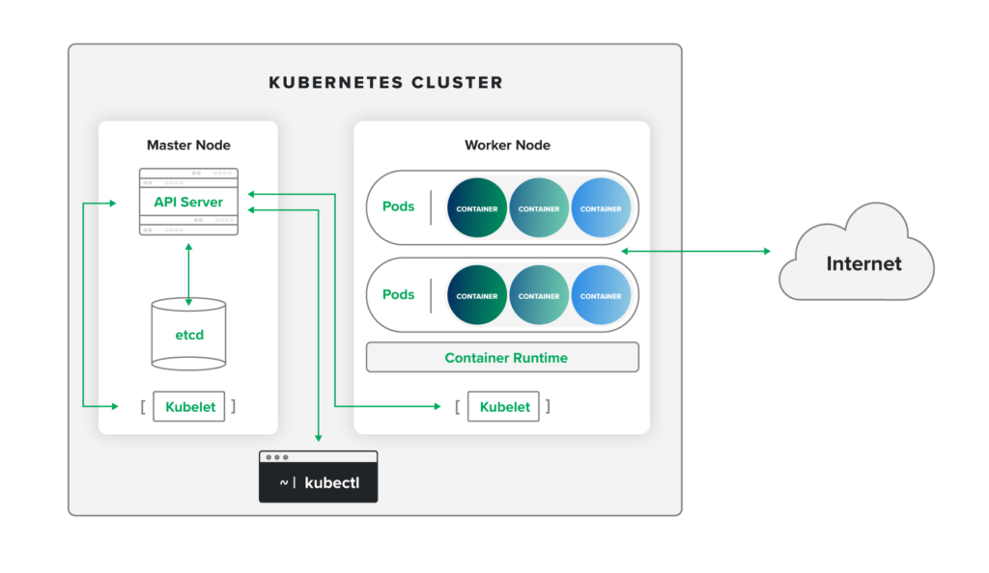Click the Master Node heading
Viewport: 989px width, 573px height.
point(188,145)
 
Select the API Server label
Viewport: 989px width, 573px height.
point(188,202)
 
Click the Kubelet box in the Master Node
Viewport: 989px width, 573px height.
point(190,406)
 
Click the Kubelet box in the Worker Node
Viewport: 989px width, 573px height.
point(504,406)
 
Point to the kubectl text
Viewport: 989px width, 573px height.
point(331,482)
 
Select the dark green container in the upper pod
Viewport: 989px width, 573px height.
point(477,208)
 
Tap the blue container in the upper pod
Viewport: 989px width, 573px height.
point(601,208)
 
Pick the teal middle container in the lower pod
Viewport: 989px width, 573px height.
point(539,295)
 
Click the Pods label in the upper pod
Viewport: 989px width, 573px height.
point(398,206)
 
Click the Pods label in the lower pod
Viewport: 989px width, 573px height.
point(398,294)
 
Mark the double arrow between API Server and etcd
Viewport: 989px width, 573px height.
point(188,275)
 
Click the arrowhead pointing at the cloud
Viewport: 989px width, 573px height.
point(768,251)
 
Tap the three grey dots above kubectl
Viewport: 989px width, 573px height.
point(277,457)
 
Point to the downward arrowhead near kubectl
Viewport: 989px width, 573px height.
point(319,438)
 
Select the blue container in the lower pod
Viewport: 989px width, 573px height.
point(601,295)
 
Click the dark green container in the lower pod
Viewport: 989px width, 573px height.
point(477,295)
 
